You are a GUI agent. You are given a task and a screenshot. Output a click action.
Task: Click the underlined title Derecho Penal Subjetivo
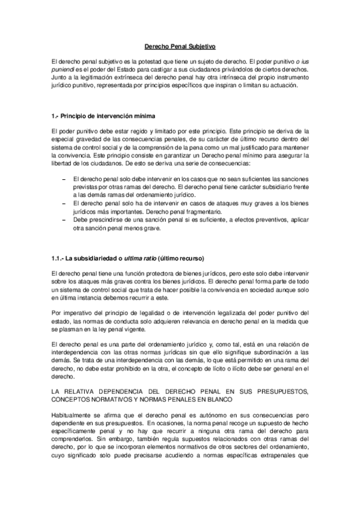click(180, 46)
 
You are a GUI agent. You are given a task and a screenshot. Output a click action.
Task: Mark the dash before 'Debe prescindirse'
click(64, 220)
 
